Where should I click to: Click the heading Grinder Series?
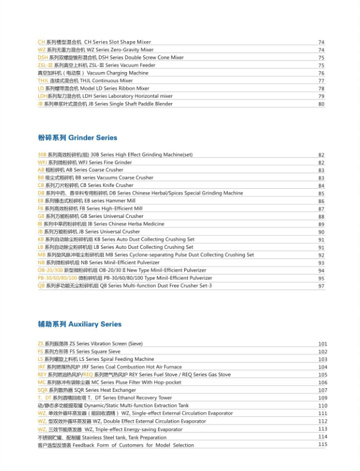click(77, 138)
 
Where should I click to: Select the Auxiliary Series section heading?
click(79, 325)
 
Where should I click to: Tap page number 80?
click(321, 104)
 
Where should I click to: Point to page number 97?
click(321, 286)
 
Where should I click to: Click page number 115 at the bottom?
click(322, 444)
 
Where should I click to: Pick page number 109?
click(322, 398)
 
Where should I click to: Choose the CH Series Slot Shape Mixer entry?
click(94, 42)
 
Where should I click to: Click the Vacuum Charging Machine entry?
click(92, 73)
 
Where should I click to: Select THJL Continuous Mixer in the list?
click(85, 81)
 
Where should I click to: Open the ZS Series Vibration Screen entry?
click(90, 344)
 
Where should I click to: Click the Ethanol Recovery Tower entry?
click(104, 398)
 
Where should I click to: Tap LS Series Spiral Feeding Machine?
click(95, 360)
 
